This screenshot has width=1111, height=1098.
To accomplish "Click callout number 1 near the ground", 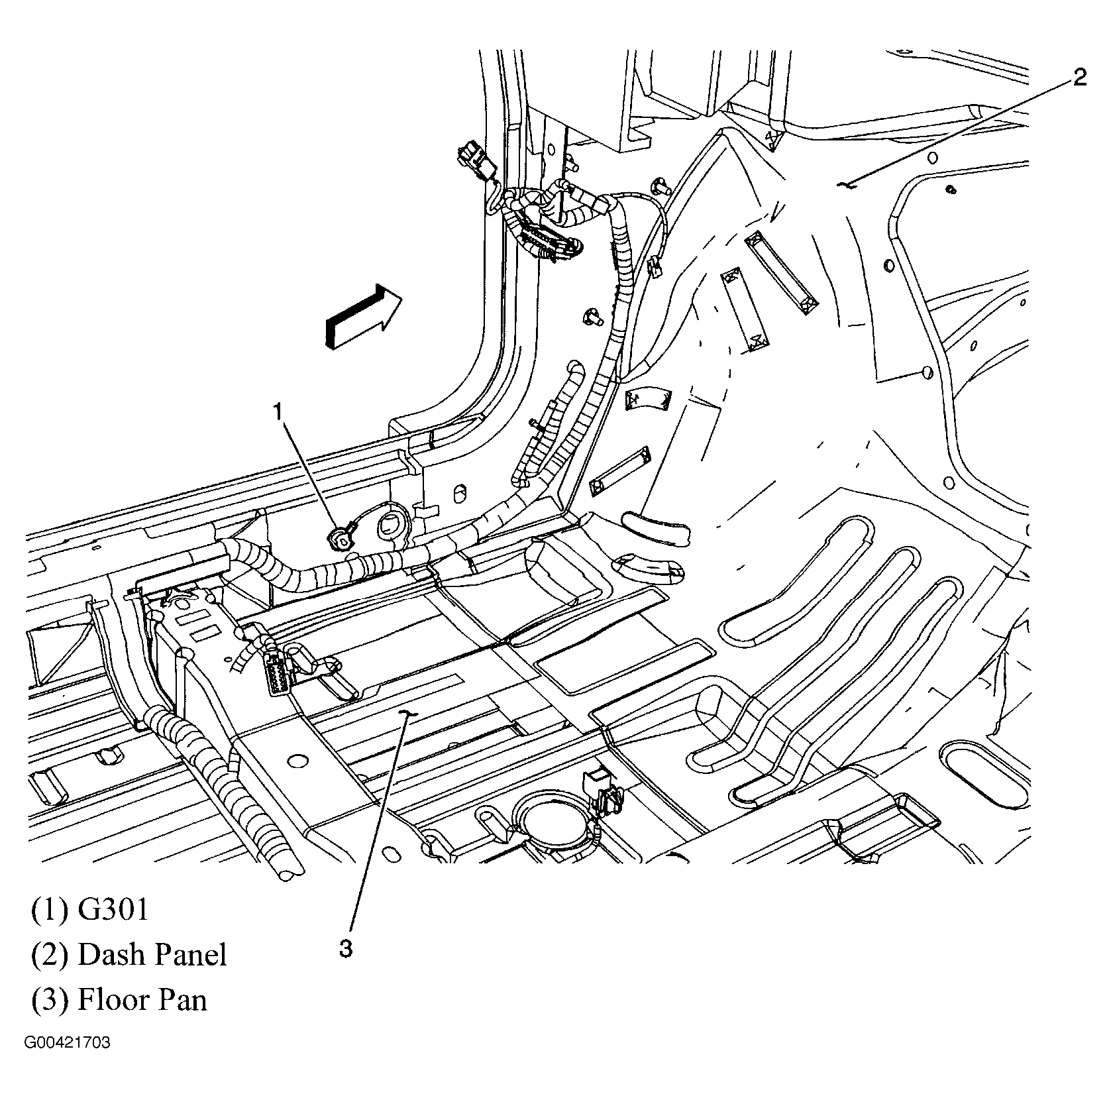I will point(278,413).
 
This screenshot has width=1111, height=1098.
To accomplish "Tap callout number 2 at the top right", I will point(1079,79).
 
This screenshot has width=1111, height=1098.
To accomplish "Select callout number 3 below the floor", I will point(345,948).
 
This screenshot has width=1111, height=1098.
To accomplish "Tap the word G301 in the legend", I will point(113,909).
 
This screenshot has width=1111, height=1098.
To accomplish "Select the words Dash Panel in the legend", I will point(152,954).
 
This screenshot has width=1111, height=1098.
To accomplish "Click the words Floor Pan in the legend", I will point(142,999).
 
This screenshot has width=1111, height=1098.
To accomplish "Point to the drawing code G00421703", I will point(68,1043).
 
